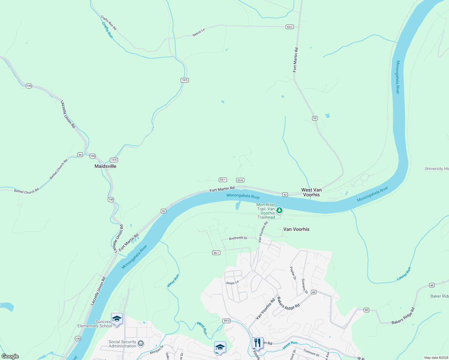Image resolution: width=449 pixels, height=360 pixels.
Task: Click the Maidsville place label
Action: click(x=105, y=166)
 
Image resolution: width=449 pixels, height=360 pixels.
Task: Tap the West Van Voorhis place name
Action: click(x=311, y=192)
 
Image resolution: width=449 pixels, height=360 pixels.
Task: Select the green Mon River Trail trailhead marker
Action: click(x=279, y=210)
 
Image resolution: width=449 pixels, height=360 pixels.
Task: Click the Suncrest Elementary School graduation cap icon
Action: click(x=117, y=319)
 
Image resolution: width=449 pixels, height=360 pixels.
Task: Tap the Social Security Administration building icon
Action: click(x=141, y=343)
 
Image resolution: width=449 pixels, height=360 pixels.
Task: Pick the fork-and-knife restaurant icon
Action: click(x=258, y=343)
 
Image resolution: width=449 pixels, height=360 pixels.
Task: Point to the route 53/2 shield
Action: click(x=289, y=27)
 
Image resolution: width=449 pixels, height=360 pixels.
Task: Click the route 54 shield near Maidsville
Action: click(x=80, y=155)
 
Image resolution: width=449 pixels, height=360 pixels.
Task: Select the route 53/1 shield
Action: click(x=222, y=180)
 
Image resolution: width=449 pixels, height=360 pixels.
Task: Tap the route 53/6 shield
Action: click(x=240, y=180)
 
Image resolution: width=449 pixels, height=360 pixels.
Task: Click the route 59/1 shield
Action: click(x=216, y=253)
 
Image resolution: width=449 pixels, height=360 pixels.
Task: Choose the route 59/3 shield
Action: click(x=227, y=321)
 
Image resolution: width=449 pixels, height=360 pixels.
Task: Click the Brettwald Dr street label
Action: click(x=238, y=238)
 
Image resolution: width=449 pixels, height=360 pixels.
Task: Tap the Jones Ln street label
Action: click(x=232, y=283)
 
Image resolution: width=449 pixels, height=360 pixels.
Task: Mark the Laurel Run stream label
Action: click(x=404, y=274)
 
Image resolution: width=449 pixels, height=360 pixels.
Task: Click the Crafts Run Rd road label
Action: click(x=108, y=23)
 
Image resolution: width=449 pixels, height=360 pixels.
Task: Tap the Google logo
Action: click(x=10, y=356)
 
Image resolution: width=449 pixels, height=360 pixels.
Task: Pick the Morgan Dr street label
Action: click(x=157, y=349)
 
